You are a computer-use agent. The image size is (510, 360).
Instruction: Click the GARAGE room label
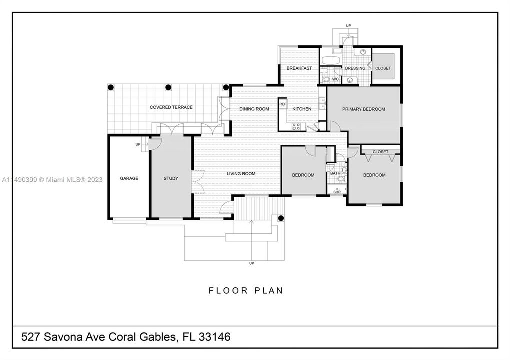click(x=129, y=178)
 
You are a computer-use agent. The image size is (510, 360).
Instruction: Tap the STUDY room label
click(x=171, y=178)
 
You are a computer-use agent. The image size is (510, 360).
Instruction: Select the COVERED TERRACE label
click(x=171, y=107)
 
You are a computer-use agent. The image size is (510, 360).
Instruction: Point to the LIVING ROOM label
click(x=241, y=174)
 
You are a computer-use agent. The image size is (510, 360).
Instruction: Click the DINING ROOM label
click(x=254, y=109)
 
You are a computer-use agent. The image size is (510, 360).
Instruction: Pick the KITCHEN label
click(x=302, y=109)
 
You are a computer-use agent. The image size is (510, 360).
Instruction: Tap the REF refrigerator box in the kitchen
click(x=283, y=104)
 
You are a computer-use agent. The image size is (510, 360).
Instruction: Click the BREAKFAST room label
click(x=299, y=68)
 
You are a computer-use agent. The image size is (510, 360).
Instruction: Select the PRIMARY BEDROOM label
click(x=364, y=109)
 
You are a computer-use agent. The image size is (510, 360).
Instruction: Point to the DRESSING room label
click(x=355, y=68)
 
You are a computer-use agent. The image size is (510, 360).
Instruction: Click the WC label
click(x=336, y=79)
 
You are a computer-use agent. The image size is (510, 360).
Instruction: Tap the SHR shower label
click(x=337, y=192)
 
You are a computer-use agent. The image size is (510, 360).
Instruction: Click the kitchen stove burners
click(x=296, y=126)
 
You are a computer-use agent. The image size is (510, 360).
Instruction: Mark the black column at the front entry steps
click(x=281, y=218)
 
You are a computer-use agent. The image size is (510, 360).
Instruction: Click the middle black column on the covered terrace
click(x=168, y=87)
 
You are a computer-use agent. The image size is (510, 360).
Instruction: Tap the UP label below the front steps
click(x=251, y=263)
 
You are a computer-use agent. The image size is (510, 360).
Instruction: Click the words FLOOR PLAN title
click(x=246, y=290)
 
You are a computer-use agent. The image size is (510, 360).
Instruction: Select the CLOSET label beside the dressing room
click(x=383, y=68)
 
